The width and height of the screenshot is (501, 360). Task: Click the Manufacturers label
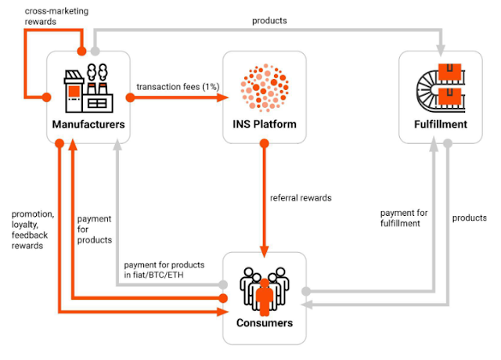pos(86,125)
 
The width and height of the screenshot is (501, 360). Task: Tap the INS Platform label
pos(264,125)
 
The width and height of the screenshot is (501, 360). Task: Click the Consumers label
pos(264,322)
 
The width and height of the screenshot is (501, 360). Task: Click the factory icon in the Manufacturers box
pos(85,88)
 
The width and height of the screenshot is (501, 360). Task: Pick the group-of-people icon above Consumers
pos(264,289)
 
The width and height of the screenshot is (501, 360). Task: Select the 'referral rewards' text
pos(301,198)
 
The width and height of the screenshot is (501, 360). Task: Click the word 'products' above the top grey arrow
pos(269,20)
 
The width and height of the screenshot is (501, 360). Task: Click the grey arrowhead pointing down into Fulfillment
pos(442,45)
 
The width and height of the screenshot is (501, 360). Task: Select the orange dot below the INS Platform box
pos(265,143)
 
